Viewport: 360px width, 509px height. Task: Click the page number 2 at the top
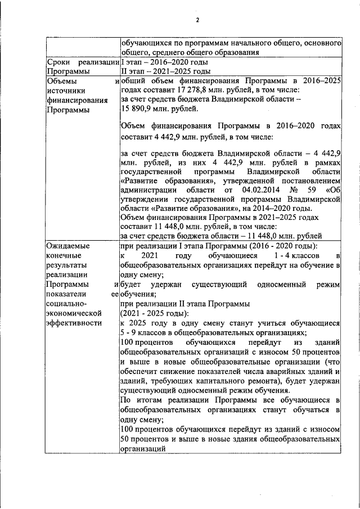(x=197, y=21)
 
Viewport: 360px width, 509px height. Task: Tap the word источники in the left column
(x=66, y=91)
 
